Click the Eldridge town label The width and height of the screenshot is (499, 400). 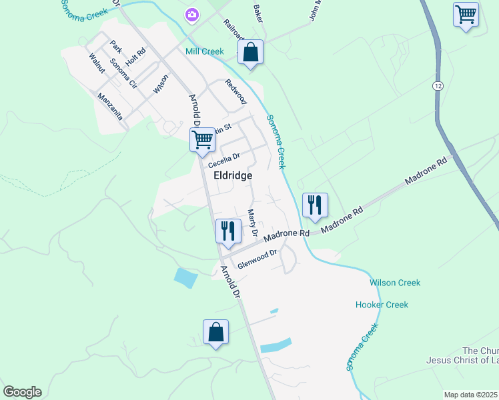(233, 175)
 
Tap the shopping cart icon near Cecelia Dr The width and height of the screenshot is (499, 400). (202, 140)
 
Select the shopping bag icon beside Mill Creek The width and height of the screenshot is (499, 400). (250, 53)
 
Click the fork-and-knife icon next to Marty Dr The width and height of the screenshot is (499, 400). (228, 231)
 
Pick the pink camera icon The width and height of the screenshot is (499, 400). (192, 14)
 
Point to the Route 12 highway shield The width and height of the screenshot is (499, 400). (438, 86)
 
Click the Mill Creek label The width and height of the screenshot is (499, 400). (205, 51)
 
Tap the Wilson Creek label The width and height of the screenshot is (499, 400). (395, 283)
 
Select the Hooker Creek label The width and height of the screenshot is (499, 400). (382, 305)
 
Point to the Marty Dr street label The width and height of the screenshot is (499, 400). (252, 223)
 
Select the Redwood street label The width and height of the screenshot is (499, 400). (235, 91)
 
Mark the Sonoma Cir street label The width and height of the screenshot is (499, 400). (123, 74)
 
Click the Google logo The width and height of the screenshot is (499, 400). (22, 392)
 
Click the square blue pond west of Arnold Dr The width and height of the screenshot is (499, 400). (185, 277)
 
